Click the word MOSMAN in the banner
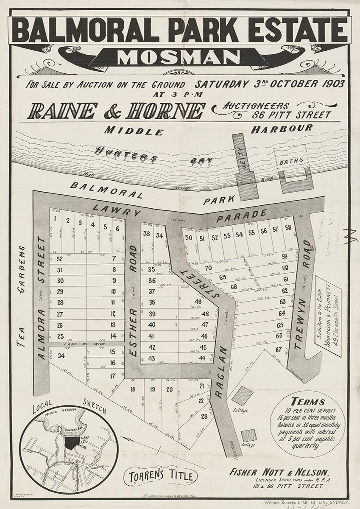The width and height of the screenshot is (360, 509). (179, 57)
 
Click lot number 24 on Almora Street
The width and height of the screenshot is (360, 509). (61, 356)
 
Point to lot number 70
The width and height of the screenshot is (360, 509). (208, 268)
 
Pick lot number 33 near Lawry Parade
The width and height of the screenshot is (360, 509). (146, 233)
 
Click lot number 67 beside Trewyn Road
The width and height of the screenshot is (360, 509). (278, 350)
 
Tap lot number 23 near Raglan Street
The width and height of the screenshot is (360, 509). (204, 416)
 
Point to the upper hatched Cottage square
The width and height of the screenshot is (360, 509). (242, 395)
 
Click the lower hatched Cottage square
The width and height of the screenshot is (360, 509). (248, 435)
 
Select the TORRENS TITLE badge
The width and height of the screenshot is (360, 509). (160, 476)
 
